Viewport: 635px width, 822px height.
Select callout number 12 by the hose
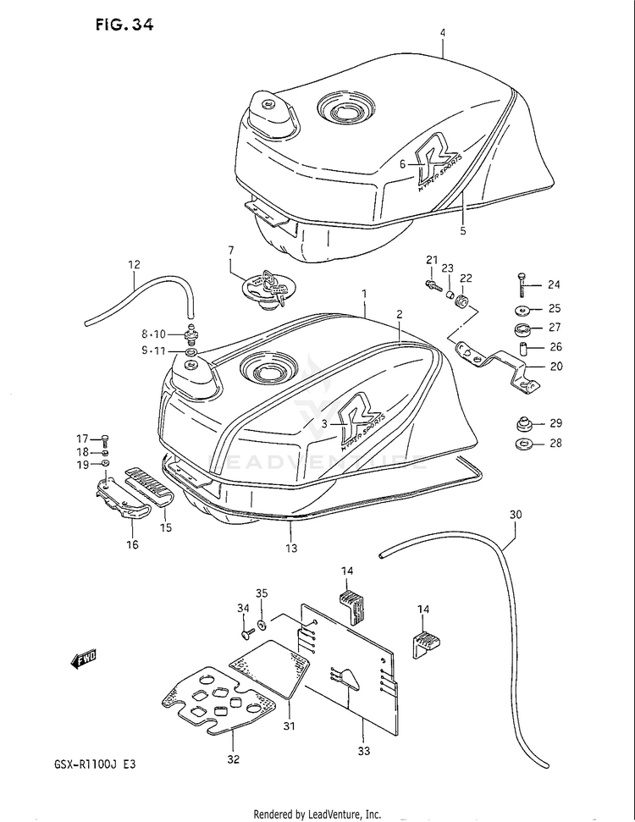pos(134,264)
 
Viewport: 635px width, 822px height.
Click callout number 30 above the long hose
pos(515,514)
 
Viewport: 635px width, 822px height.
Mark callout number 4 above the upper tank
pos(442,33)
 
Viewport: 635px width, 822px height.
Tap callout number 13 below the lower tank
pos(290,549)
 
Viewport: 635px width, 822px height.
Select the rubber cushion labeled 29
pos(523,422)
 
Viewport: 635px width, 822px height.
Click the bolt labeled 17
pos(104,439)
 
